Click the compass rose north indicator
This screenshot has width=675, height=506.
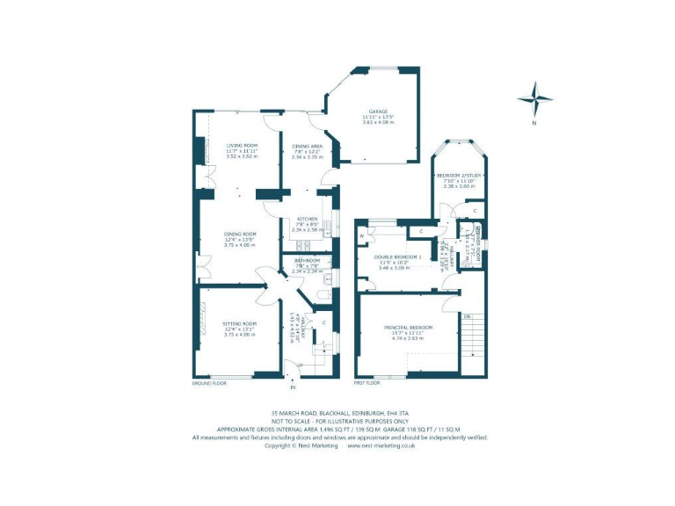point(534,98)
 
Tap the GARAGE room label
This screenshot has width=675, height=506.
point(379,112)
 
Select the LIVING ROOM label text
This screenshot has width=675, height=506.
point(241,145)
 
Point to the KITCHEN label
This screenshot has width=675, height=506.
point(307,218)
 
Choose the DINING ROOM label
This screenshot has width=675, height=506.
point(239,234)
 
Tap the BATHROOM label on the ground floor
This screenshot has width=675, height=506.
point(307,261)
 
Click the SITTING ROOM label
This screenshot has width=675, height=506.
point(239,323)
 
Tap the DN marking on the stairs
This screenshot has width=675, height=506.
point(468,315)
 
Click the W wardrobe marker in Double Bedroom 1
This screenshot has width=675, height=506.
point(361,235)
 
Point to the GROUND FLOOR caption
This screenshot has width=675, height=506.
point(209,383)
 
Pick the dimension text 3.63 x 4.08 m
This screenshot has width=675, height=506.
point(379,122)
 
